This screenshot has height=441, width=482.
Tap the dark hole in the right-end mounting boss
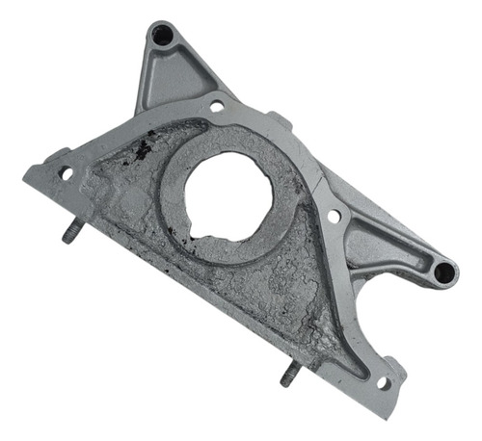[442, 272]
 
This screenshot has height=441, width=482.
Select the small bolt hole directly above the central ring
[217, 105]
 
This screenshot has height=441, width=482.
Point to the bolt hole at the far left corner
[67, 173]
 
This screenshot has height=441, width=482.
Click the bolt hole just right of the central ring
[333, 217]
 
